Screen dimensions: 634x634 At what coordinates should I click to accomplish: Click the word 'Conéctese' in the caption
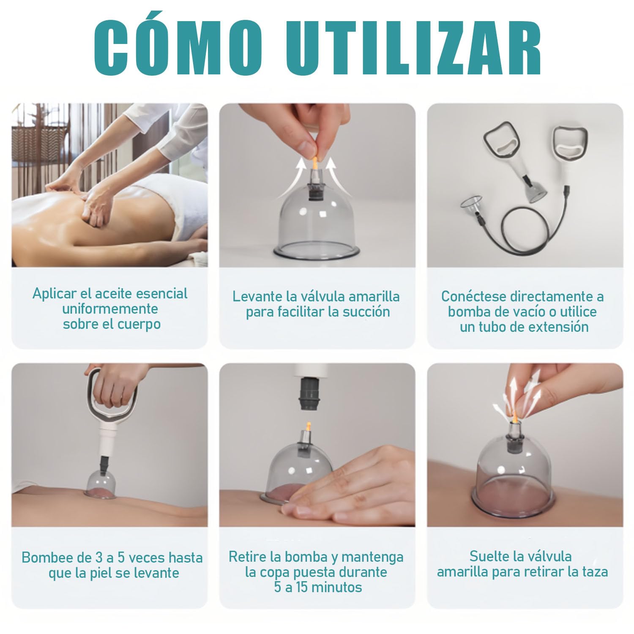[474, 296]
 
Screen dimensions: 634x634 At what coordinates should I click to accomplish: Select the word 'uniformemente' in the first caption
[110, 309]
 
